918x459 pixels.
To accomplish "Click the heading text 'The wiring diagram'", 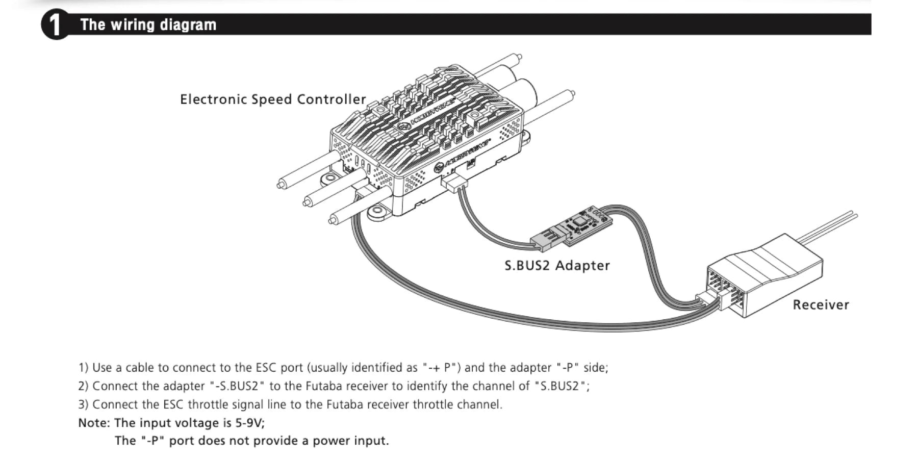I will tap(148, 24).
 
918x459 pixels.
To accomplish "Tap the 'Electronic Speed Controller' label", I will tap(273, 99).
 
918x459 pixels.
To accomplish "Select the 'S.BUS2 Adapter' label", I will tap(557, 265).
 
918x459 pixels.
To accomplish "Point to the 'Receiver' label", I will tap(821, 304).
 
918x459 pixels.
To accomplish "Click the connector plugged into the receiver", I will tap(710, 300).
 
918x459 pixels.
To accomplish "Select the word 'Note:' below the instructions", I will tap(94, 423).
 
